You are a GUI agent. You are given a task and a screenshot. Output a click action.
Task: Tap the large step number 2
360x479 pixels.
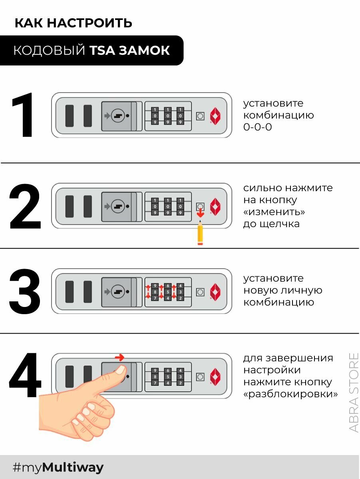[25, 206]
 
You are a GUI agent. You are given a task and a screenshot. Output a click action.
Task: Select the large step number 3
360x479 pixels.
[25, 291]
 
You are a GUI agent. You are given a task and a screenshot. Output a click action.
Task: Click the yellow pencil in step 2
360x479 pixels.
[200, 233]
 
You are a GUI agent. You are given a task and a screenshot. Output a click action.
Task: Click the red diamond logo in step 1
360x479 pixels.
[215, 116]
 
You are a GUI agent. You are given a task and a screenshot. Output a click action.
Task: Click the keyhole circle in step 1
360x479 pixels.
[118, 116]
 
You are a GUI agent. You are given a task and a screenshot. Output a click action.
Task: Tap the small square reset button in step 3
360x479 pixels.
[200, 292]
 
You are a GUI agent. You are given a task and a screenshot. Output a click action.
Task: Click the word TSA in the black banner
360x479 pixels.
[102, 50]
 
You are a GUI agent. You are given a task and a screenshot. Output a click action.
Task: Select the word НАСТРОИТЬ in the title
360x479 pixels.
[90, 23]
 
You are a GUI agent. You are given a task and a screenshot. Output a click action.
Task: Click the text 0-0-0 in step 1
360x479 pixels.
[258, 127]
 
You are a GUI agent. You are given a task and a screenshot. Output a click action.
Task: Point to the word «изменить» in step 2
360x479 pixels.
[274, 212]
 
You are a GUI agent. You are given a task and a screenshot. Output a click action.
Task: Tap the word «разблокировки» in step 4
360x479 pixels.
[290, 394]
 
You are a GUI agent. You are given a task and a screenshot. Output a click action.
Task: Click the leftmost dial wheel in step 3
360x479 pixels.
[155, 292]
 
